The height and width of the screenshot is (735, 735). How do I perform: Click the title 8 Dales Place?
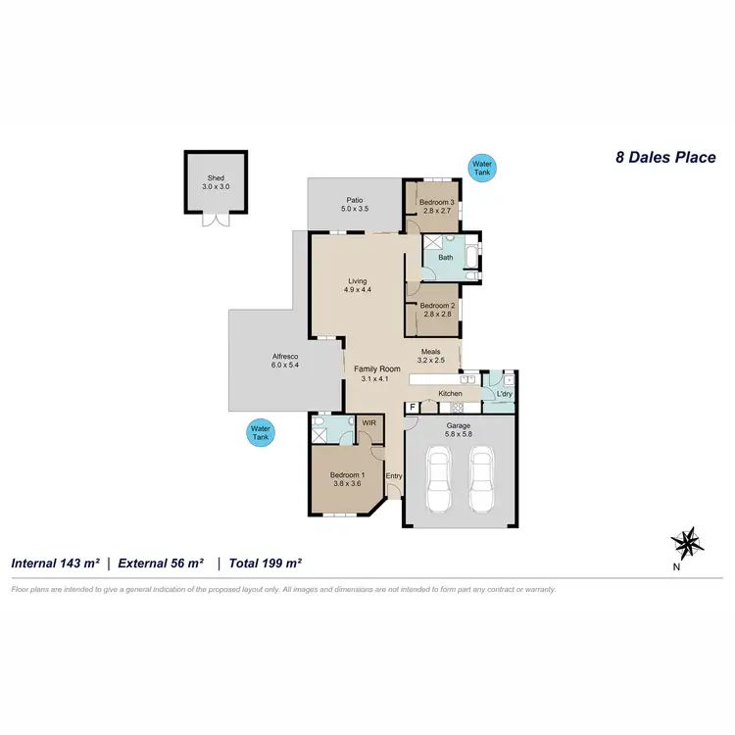665,157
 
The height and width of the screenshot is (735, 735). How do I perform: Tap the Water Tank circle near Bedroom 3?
482,168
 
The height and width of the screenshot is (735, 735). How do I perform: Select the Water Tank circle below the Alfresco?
260,432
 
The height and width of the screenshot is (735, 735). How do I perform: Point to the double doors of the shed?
215,220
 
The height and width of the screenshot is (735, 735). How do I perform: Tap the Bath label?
446,258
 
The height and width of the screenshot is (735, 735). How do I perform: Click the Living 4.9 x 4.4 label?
356,285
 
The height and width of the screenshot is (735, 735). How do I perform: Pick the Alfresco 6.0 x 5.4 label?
285,360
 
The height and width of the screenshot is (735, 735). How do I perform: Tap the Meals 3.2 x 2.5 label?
432,356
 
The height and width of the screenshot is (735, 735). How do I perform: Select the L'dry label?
504,394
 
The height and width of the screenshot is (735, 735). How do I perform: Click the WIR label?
369,423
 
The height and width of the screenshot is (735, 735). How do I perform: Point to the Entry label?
394,476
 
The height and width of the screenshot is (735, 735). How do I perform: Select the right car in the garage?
481,480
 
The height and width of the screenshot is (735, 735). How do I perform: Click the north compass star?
687,540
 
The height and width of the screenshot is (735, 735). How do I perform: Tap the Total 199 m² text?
265,563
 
